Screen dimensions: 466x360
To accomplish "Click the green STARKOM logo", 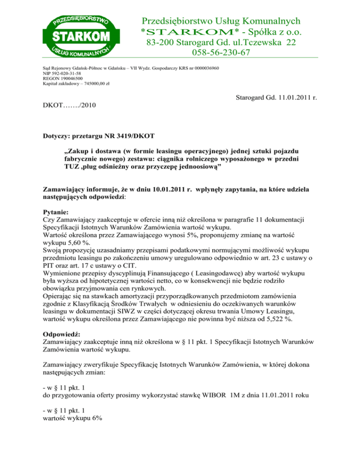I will (76, 35).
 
